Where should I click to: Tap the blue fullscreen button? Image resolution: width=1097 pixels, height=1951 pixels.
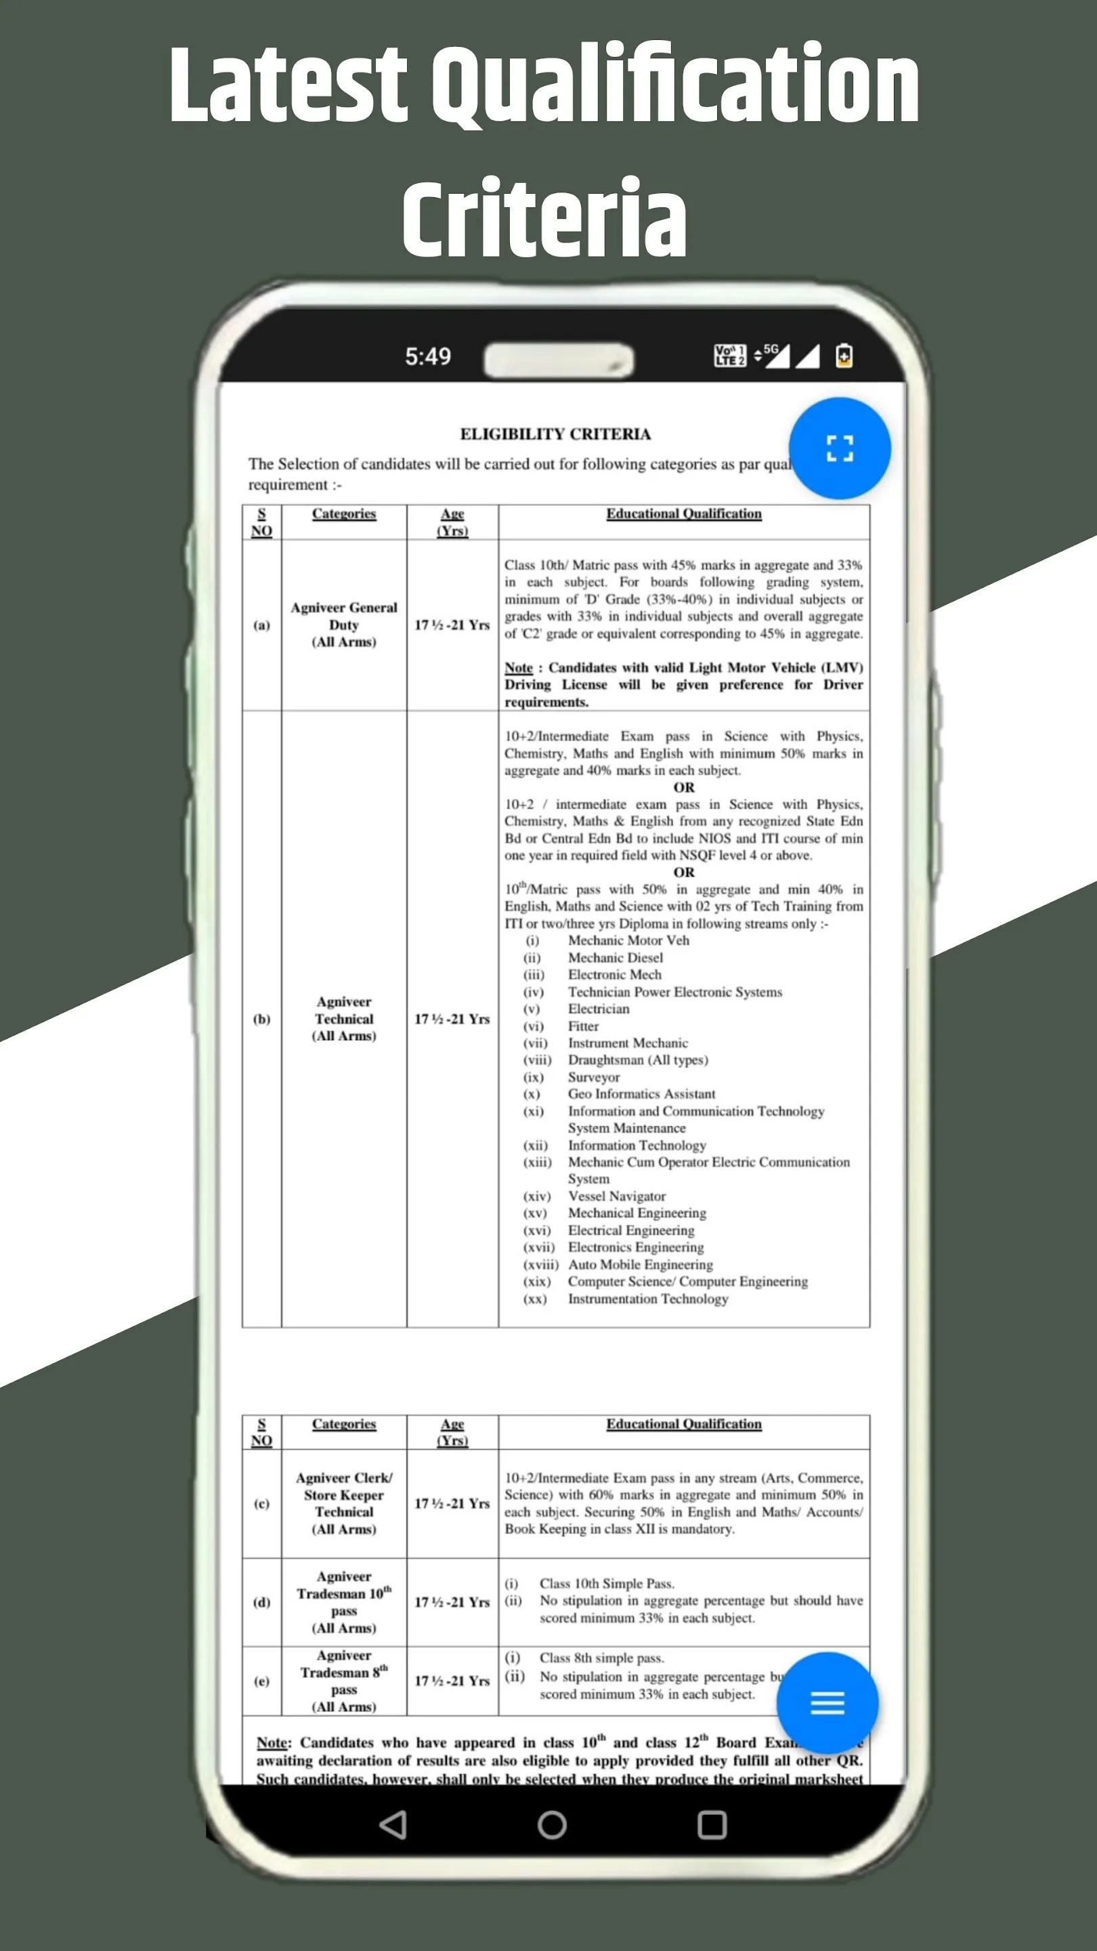pos(839,448)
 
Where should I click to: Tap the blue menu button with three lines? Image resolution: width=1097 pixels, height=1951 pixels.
pos(827,1702)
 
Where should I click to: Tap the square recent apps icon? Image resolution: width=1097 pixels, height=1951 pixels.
pos(712,1825)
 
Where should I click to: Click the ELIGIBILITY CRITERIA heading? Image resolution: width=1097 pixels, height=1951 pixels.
pos(555,434)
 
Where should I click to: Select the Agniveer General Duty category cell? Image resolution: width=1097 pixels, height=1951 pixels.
pos(344,625)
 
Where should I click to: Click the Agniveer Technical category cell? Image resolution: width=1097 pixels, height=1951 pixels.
pos(344,1019)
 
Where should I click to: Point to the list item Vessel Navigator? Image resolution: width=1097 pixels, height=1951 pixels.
pos(616,1196)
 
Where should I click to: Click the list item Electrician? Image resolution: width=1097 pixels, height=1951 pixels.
pos(598,1009)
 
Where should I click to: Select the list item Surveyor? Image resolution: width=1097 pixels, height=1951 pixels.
pos(594,1077)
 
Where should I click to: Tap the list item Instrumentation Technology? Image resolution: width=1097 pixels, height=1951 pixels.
pos(648,1299)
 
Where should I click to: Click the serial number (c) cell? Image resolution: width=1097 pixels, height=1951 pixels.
pos(261,1503)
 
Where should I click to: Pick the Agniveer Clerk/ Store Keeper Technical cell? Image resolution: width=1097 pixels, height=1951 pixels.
pos(344,1503)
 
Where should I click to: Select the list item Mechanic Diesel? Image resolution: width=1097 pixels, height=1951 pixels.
pos(615,958)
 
